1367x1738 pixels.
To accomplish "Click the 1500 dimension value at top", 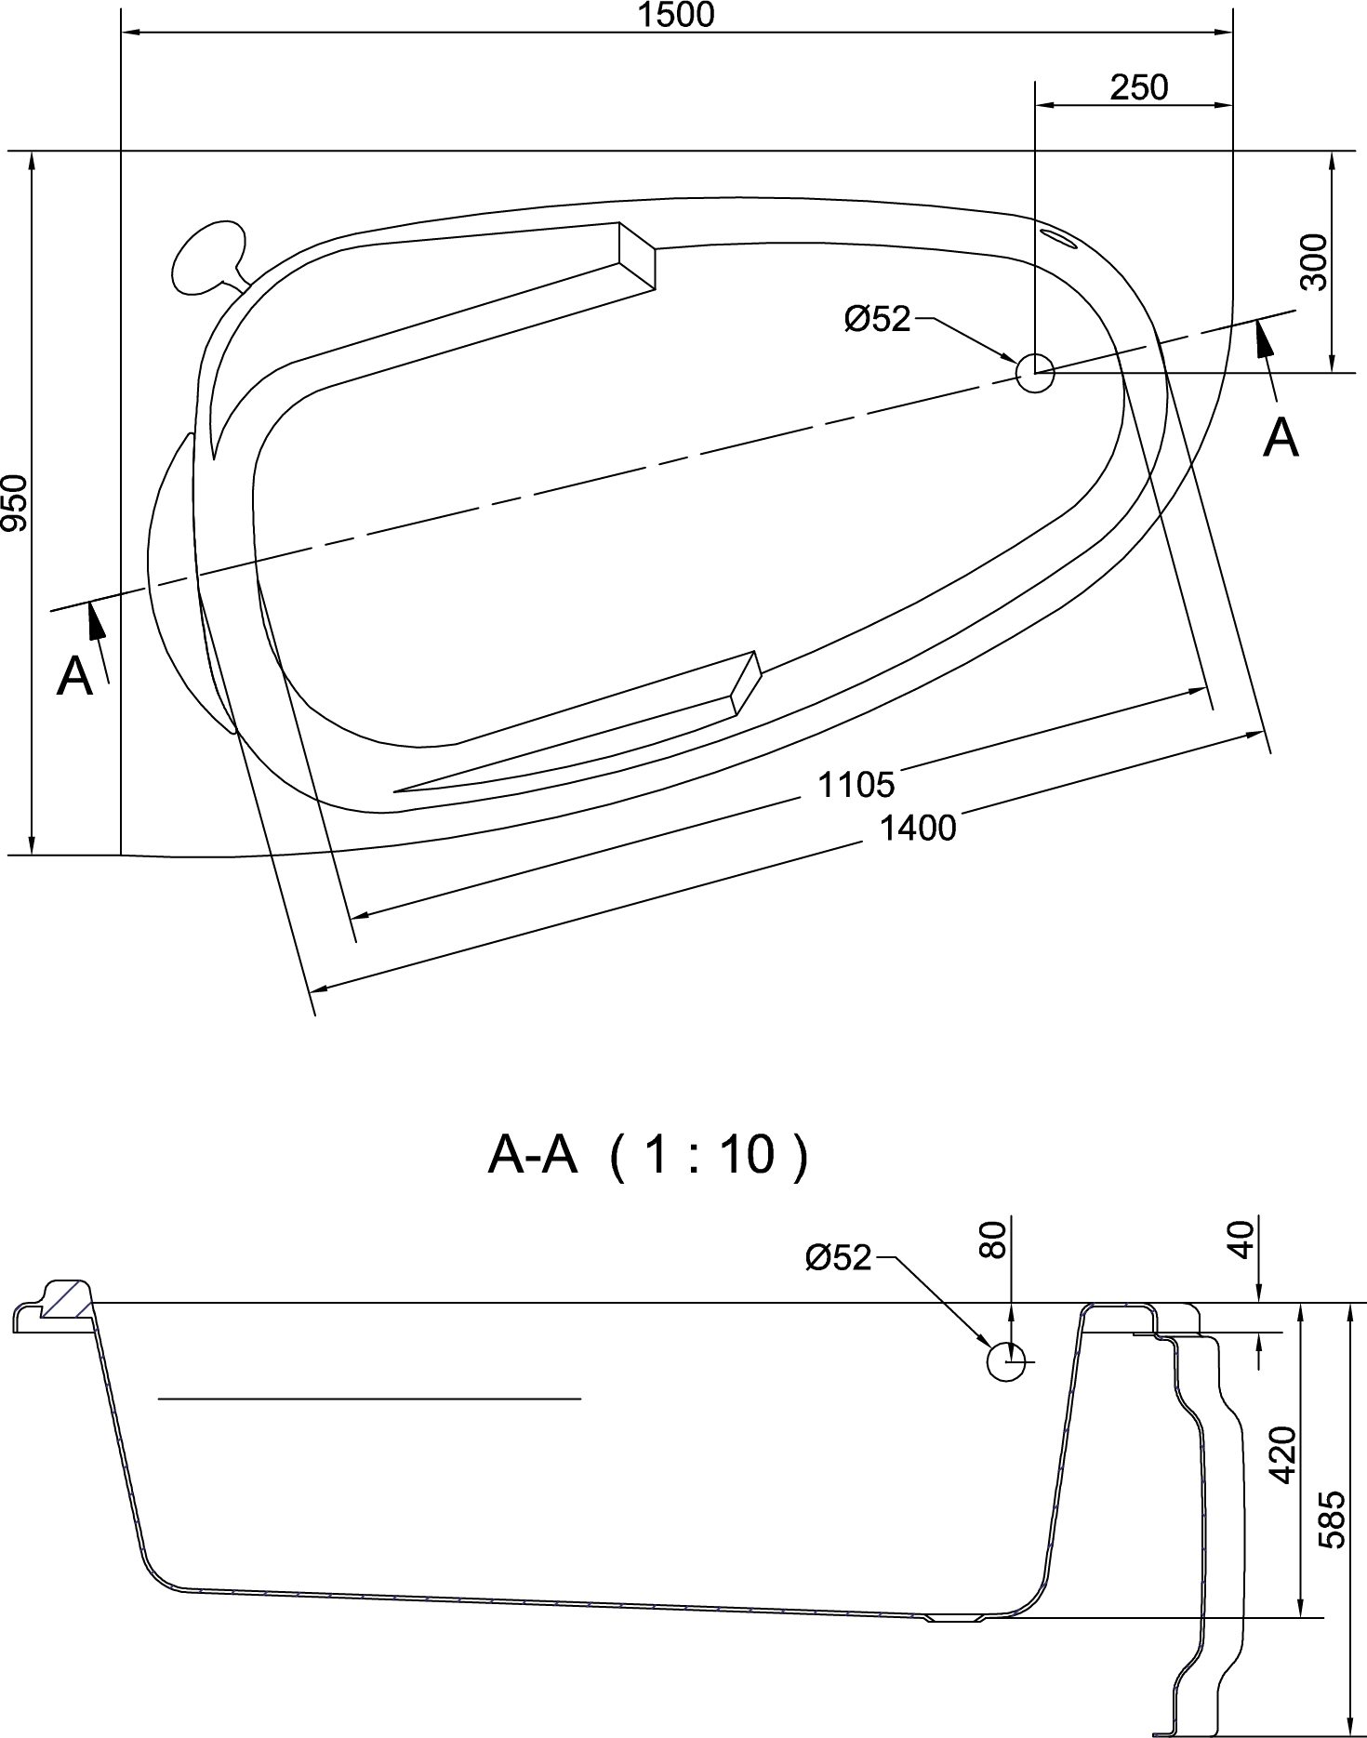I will pos(676,15).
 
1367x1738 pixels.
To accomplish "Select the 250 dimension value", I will pos(1138,87).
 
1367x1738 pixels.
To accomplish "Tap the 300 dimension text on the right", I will pos(1314,262).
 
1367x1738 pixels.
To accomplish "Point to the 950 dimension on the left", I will pos(16,502).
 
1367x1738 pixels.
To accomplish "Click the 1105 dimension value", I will pos(856,784).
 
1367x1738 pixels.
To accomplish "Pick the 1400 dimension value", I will pos(917,827).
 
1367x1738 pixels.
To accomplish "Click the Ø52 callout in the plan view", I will pos(876,319).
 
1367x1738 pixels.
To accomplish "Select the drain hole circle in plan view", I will pos(1034,373).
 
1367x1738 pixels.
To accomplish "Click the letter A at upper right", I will pos(1280,437).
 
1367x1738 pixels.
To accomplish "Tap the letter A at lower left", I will pos(74,676).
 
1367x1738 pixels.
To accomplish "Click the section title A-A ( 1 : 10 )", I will pos(648,1155).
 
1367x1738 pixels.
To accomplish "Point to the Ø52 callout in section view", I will pos(838,1257).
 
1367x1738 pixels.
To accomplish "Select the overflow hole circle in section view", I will pos(1005,1362).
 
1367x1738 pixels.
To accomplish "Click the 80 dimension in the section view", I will pos(993,1240).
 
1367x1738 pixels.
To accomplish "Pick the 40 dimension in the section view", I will pos(1242,1240).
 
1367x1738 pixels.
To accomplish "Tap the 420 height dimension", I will pos(1282,1455).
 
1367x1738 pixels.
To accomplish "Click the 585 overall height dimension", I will pos(1334,1519).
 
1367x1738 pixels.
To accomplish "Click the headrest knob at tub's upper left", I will pos(208,255).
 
